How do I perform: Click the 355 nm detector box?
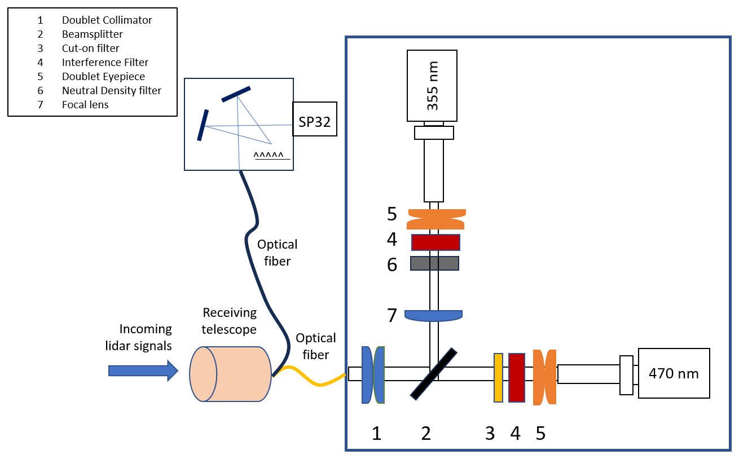click(x=432, y=85)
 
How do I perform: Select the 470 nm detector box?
click(x=674, y=373)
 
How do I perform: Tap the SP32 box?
click(x=314, y=119)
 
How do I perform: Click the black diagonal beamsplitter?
click(x=433, y=374)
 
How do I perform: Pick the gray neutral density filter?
click(x=434, y=263)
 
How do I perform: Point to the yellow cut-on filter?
click(x=498, y=377)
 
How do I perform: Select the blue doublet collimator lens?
click(x=373, y=374)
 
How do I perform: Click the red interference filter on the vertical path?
click(x=436, y=242)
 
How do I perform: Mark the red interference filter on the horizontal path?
click(x=517, y=377)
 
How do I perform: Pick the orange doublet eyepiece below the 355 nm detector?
click(x=436, y=217)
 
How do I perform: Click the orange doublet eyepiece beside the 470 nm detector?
click(x=544, y=377)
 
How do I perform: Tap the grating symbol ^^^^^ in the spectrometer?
click(x=271, y=156)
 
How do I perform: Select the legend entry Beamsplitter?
click(x=93, y=34)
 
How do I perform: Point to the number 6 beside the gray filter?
click(x=392, y=264)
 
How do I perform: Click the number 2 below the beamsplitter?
click(x=426, y=433)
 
